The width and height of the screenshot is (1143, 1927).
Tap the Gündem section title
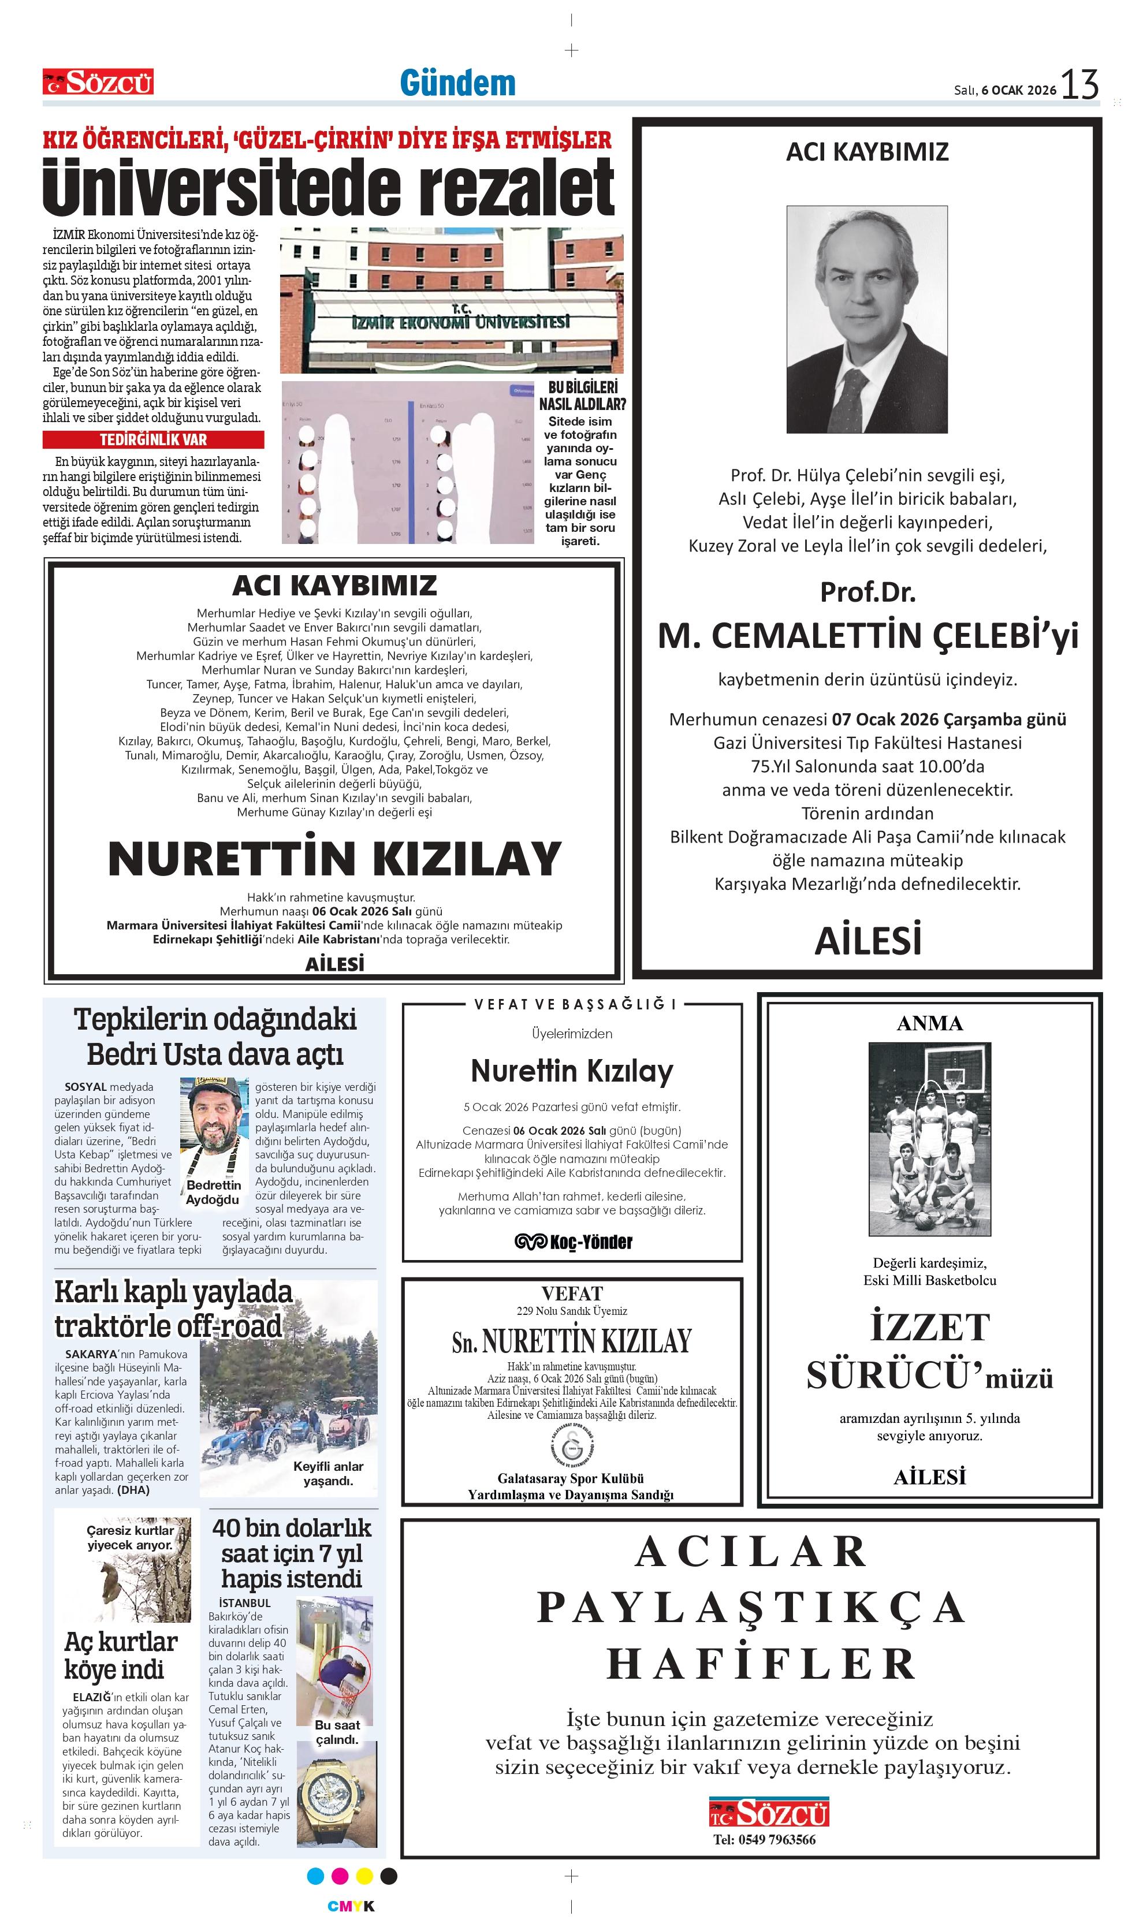457,83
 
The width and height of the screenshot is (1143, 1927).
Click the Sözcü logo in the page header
98,81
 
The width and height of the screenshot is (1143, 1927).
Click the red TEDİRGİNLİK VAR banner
153,439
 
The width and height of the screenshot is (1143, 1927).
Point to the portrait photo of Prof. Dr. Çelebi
866,319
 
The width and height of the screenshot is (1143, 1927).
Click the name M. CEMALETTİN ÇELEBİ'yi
868,636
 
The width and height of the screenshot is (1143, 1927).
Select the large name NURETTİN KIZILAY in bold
334,859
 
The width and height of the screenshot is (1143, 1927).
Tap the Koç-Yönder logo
573,1242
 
